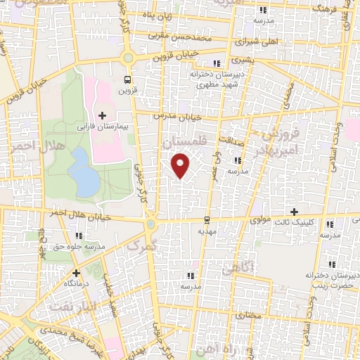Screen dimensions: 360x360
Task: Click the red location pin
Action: tap(181, 165)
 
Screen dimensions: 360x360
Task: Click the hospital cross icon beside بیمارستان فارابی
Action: tap(103, 115)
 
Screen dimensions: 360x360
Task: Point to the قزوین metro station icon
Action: tap(127, 79)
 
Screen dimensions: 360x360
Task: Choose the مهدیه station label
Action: tap(206, 230)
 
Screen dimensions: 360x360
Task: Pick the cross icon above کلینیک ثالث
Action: tap(294, 212)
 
